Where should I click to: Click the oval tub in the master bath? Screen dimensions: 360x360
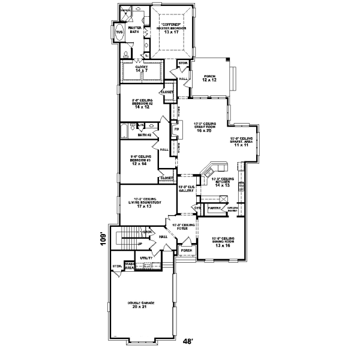tap(118, 33)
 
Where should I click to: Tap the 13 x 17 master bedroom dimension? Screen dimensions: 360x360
tap(172, 32)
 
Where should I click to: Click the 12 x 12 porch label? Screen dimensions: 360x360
tap(209, 80)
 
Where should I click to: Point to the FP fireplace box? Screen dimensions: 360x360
tap(176, 129)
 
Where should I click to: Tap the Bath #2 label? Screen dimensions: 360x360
tap(143, 135)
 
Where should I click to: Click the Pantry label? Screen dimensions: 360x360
tap(212, 208)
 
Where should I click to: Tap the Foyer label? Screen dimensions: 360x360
tap(183, 229)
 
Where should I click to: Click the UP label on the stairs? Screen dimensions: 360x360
tap(140, 244)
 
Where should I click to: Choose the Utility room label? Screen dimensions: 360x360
tap(146, 257)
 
